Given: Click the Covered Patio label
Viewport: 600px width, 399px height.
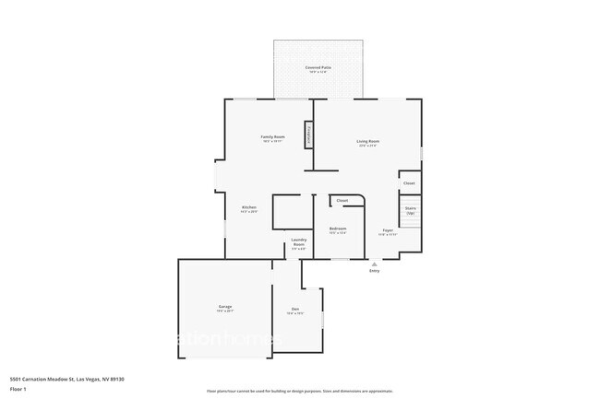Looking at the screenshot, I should (319, 68).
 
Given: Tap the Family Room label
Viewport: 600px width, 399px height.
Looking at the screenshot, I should (273, 136).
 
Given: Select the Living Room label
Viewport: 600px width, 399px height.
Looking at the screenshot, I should (368, 141).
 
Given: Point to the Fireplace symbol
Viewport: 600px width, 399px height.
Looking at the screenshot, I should (309, 135).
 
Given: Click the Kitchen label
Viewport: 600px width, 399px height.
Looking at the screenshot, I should (248, 206).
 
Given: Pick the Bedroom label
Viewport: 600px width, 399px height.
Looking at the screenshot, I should (338, 228).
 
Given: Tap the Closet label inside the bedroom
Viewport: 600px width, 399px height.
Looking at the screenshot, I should (342, 200).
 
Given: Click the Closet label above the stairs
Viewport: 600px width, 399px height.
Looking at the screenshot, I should (409, 183).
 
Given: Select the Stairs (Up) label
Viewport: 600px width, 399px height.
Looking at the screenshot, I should (410, 210).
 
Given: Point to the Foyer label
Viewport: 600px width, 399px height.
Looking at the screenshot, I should (388, 229).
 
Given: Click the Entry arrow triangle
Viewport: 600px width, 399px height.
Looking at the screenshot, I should (375, 264).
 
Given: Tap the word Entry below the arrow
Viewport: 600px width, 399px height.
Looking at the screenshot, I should (375, 271).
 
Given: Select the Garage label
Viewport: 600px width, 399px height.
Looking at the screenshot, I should (225, 306).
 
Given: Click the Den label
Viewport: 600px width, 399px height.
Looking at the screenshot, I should (295, 308).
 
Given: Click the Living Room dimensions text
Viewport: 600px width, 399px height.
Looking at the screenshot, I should (368, 146).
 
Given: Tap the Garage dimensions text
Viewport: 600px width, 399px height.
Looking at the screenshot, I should (225, 311).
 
